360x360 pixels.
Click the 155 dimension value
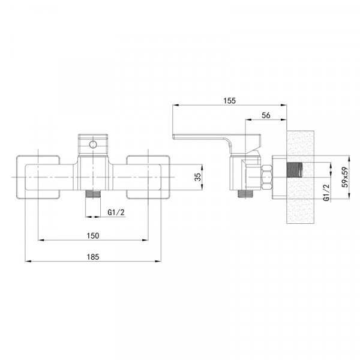click(230, 101)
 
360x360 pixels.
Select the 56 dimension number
click(266, 115)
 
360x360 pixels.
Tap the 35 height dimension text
click(197, 177)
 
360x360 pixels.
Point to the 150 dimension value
click(93, 236)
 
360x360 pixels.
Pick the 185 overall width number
click(93, 257)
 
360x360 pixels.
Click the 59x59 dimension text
click(345, 177)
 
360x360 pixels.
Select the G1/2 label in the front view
click(116, 212)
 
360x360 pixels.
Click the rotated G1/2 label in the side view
click(326, 193)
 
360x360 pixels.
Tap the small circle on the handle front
click(93, 145)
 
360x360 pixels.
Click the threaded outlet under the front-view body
click(93, 194)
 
